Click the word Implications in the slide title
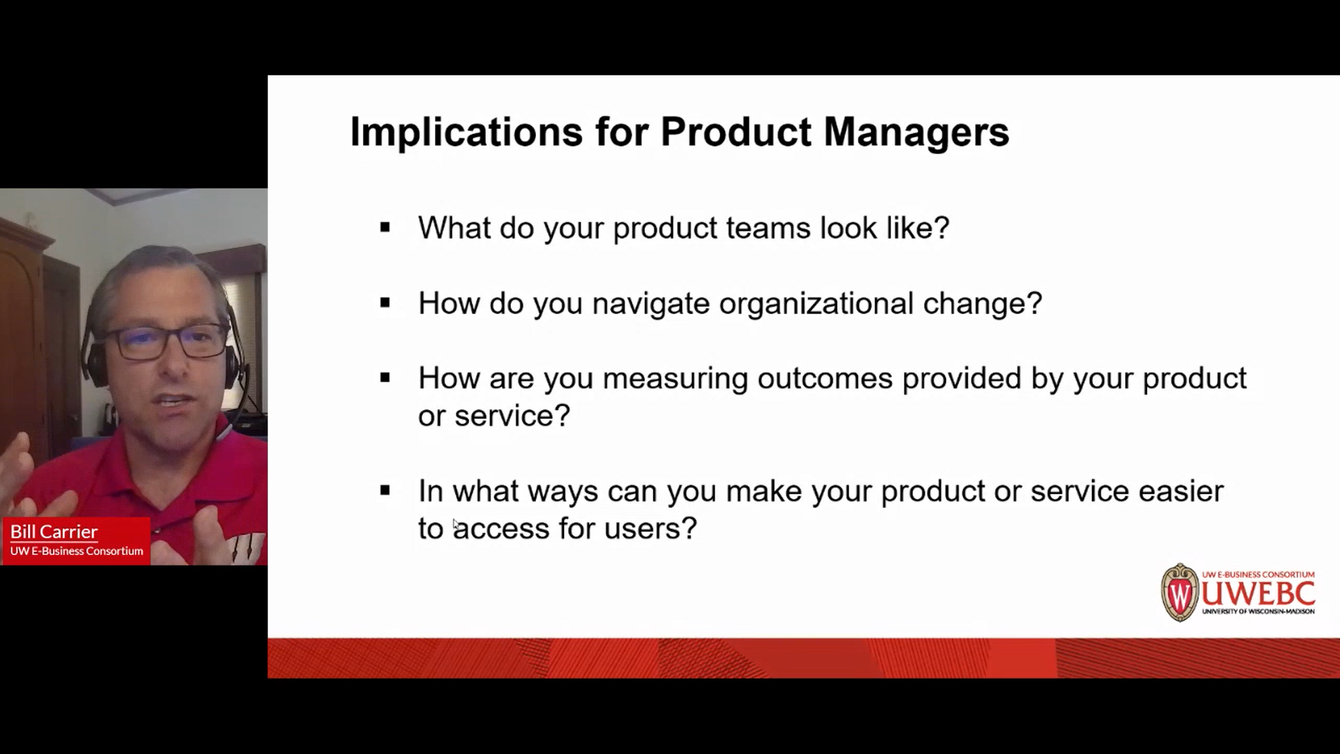coord(466,133)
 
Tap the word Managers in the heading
coord(916,133)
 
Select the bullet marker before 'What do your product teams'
coord(385,227)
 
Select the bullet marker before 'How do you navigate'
coord(385,302)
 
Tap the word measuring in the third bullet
coord(675,379)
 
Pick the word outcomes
coord(825,378)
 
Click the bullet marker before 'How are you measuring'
coord(385,378)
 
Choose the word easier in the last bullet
coord(1181,491)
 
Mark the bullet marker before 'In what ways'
coord(385,491)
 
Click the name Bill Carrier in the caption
coord(54,532)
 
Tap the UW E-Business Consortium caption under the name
coord(77,551)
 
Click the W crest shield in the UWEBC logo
coord(1179,593)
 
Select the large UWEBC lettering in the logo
coord(1258,593)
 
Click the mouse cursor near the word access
coord(455,524)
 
